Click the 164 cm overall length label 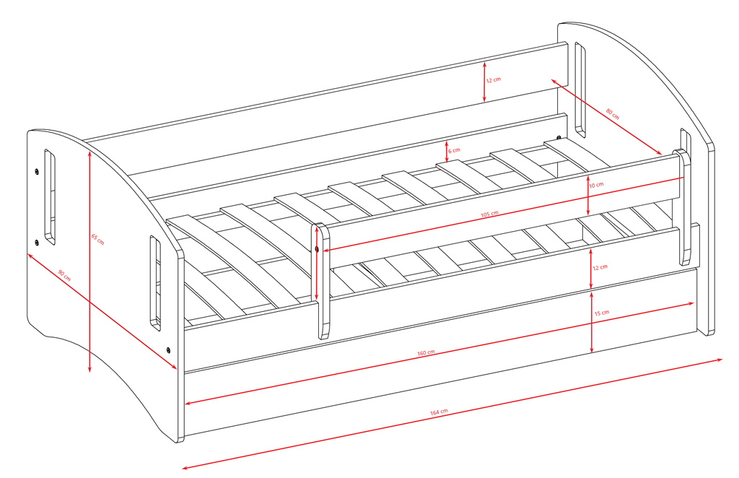point(439,412)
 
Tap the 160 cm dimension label point(426,352)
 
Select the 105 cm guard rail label point(489,214)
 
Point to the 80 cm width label point(612,113)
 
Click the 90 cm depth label point(64,275)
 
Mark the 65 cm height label point(98,238)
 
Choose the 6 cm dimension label point(454,151)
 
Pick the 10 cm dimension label point(596,185)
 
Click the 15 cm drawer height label point(601,313)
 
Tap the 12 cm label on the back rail point(493,80)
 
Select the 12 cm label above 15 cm point(600,267)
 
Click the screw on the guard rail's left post point(317,249)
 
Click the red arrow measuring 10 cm point(588,195)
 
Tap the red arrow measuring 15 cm point(592,322)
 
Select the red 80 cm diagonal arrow point(606,117)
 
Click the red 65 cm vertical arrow point(89,261)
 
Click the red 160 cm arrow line point(440,354)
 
